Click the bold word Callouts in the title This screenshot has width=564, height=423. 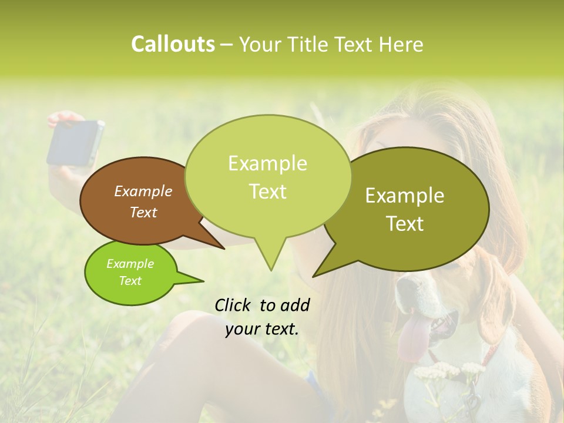173,44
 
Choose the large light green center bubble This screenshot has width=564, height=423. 267,176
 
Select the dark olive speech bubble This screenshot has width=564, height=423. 411,209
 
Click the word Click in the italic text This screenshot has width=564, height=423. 233,305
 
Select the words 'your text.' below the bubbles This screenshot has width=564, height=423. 262,330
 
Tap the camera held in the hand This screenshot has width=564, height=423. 76,142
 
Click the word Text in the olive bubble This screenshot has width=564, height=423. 405,224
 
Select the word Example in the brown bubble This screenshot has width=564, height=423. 143,191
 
